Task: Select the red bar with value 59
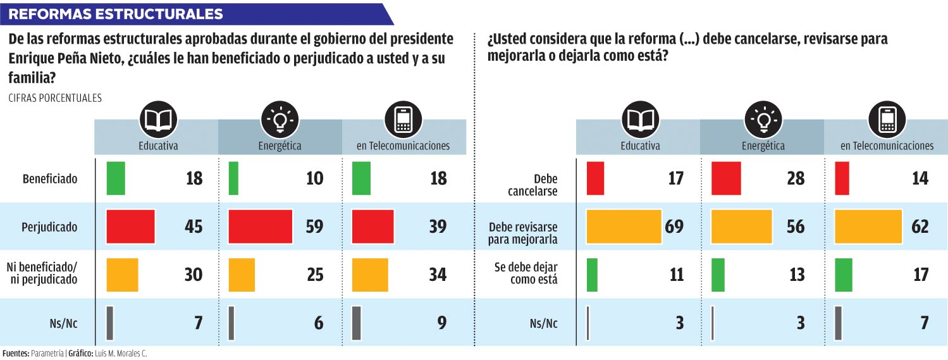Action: coord(260,226)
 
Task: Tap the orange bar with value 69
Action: coord(624,226)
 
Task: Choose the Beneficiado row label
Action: coord(50,178)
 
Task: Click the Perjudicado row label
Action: coord(51,226)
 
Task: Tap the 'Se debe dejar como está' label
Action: coord(526,273)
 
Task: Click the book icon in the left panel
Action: coord(158,120)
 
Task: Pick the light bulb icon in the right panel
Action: coord(763,120)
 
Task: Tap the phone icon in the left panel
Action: coord(403,120)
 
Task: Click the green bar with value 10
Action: coord(233,178)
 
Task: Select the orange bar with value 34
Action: coord(369,275)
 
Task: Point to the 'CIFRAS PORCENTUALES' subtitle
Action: coord(55,98)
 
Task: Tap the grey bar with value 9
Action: coord(356,323)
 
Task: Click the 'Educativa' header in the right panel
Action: coord(640,146)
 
